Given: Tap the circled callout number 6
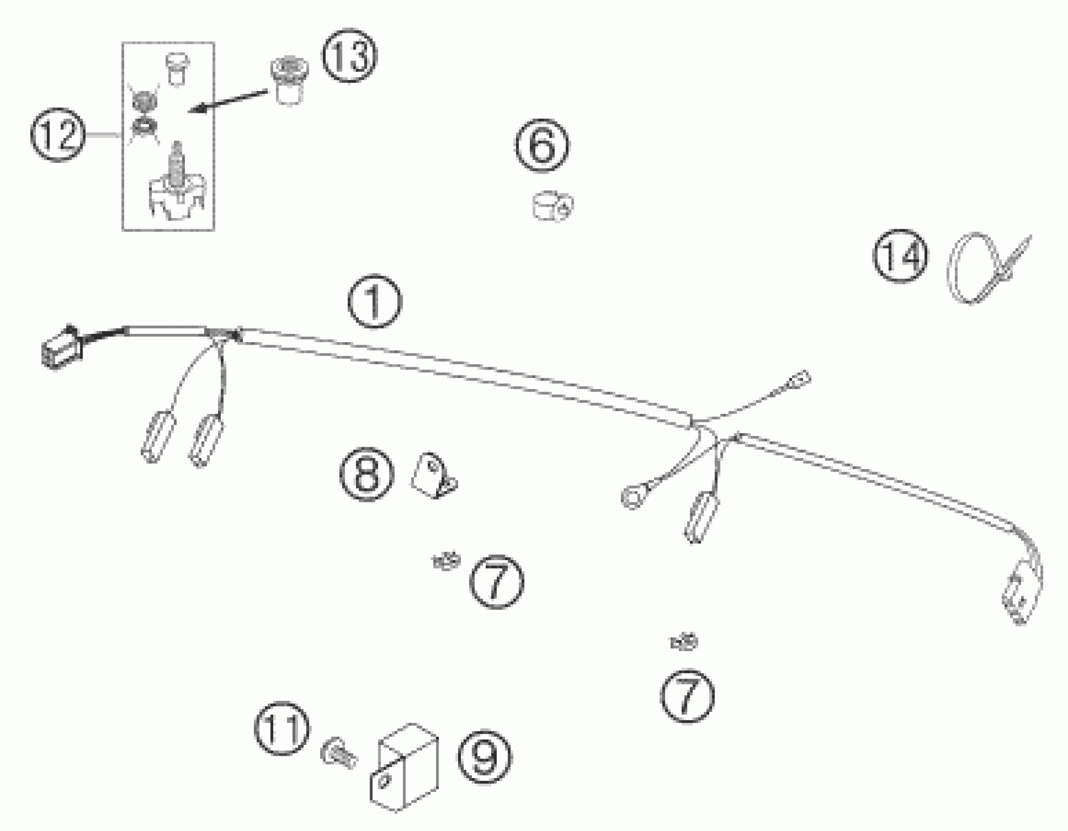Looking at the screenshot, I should coord(542,145).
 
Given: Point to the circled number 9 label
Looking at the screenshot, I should coord(484,756).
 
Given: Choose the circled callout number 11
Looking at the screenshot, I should coord(282,728).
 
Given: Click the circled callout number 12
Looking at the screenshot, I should coord(58,134).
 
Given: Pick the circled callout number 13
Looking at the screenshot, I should coord(349,56).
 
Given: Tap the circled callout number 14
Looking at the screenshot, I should coord(900,256).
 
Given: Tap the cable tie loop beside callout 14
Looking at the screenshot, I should coord(973,267).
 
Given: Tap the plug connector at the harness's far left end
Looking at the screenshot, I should coord(61,348).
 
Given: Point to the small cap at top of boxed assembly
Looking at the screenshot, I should coord(177,68).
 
